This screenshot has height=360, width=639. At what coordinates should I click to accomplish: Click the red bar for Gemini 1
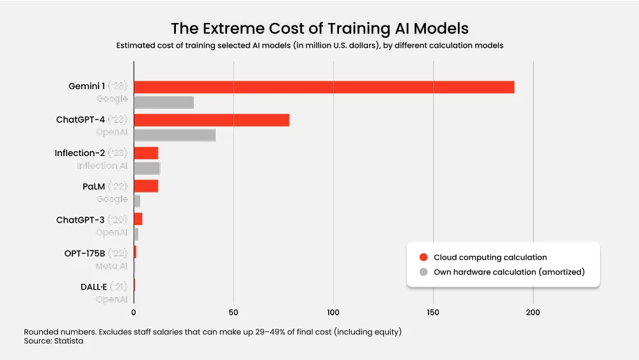click(x=324, y=87)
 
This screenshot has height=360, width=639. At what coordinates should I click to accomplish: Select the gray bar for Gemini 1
click(x=164, y=102)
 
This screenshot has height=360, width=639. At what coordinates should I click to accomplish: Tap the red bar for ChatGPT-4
click(x=212, y=120)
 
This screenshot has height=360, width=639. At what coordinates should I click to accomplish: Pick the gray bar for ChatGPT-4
click(x=175, y=136)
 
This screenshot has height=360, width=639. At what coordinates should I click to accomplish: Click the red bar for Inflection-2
click(x=146, y=153)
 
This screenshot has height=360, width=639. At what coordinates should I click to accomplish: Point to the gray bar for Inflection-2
click(x=146, y=168)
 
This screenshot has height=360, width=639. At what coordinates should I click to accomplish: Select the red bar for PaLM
click(x=146, y=186)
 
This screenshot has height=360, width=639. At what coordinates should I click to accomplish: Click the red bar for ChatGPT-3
click(x=138, y=219)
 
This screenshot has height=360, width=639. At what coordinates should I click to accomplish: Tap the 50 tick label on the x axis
click(x=233, y=313)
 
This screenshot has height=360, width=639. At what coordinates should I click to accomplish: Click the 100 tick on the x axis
click(x=333, y=313)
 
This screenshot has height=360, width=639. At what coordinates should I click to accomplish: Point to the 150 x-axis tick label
click(x=433, y=313)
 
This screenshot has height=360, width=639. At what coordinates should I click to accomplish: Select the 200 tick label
click(x=533, y=313)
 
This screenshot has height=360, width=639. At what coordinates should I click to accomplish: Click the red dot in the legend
click(x=423, y=257)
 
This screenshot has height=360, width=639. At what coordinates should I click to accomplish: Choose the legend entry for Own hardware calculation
click(x=509, y=272)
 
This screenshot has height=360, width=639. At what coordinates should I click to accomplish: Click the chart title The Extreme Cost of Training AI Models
click(x=319, y=29)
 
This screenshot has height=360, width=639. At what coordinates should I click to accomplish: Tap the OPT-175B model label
click(x=84, y=253)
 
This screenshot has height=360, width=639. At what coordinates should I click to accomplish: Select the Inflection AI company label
click(x=102, y=166)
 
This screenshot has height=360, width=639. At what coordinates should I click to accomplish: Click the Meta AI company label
click(x=111, y=266)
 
